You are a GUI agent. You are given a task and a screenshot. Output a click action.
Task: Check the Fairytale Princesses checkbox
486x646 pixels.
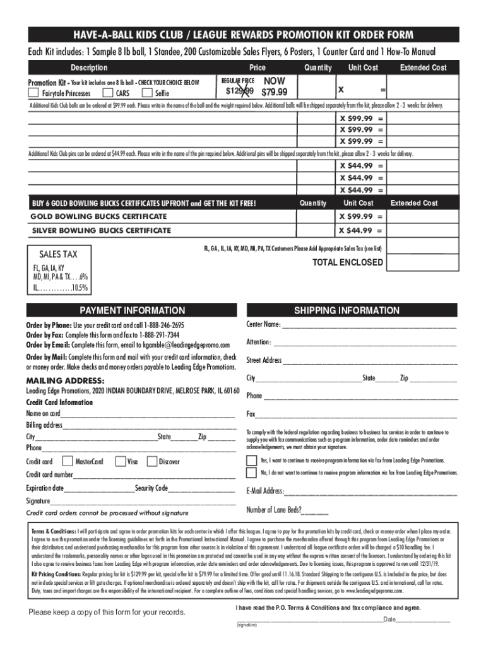coord(33,93)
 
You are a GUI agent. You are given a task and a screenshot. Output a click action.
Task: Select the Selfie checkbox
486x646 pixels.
coord(146,93)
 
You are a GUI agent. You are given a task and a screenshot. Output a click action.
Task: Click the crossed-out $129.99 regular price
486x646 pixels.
coord(239,93)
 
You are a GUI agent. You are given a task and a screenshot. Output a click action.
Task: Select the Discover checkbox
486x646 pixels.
coord(151,461)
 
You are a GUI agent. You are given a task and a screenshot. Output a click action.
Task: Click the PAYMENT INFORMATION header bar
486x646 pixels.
coord(132,310)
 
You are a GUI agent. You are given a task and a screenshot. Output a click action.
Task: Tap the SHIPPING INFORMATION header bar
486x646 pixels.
coord(347,310)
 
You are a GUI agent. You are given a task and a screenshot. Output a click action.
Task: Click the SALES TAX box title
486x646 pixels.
coord(59,254)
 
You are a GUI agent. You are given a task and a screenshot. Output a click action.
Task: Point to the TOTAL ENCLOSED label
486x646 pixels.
coord(347,262)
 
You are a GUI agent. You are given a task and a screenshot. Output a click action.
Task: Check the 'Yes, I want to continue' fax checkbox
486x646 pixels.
coord(252,460)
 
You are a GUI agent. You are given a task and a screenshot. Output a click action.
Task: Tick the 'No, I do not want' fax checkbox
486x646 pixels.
coord(252,472)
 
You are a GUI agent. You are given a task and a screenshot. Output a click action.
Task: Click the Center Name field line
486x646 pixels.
coord(369,326)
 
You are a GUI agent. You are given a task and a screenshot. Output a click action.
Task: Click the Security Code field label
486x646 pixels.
coord(151,488)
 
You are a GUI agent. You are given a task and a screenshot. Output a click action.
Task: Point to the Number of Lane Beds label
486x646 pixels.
coord(273,510)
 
